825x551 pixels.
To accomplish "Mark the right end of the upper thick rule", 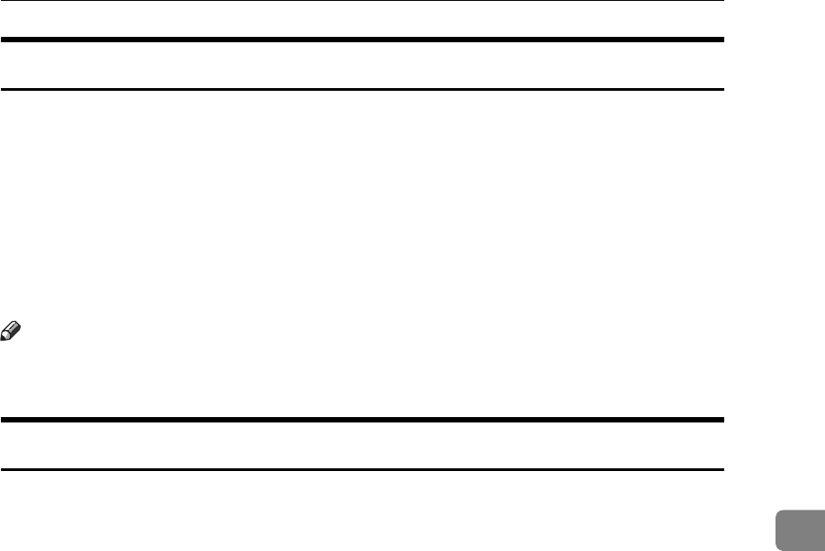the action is click(x=722, y=40).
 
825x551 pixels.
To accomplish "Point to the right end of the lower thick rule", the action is click(x=722, y=420).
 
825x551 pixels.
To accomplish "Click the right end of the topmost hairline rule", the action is click(x=722, y=1).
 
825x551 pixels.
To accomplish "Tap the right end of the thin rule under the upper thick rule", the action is click(x=722, y=89).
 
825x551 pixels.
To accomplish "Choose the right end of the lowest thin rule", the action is click(x=722, y=469).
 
